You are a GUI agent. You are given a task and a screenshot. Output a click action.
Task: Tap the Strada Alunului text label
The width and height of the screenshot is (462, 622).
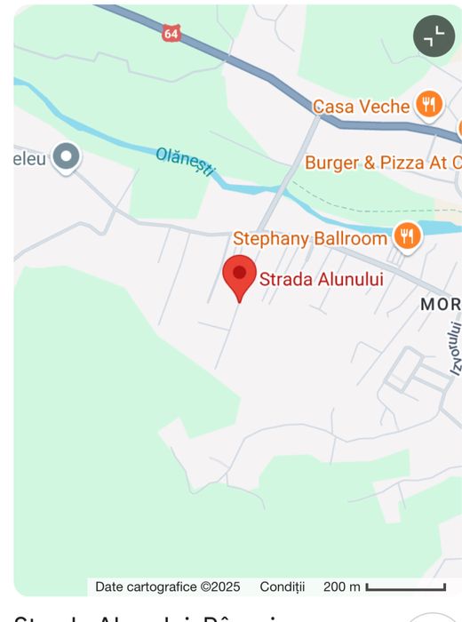point(321,279)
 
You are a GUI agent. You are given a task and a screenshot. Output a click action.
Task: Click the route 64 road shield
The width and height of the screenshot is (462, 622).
point(171,33)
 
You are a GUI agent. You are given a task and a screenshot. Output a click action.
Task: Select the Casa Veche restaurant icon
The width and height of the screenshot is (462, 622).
point(429,104)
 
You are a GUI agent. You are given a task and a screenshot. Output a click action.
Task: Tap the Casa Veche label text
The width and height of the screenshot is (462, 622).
point(361,107)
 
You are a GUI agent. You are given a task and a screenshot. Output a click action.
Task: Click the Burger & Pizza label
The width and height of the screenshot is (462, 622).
point(382,163)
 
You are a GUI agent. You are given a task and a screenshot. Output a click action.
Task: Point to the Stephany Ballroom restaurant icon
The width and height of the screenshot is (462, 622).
point(407,236)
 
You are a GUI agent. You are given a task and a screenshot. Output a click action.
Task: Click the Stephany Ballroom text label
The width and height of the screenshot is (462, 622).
point(310,238)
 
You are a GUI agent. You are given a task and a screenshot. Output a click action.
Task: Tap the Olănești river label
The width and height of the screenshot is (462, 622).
point(186,161)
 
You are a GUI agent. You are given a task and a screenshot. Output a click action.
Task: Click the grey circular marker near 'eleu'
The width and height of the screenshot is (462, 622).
point(66,157)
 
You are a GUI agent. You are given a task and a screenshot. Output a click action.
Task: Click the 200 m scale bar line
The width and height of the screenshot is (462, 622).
point(405,587)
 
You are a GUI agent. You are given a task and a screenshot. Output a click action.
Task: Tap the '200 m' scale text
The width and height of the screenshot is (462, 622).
point(342,586)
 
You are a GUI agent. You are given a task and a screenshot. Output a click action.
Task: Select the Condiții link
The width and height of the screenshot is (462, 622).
point(282,586)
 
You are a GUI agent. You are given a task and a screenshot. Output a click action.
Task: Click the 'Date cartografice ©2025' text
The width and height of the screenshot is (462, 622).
point(168,586)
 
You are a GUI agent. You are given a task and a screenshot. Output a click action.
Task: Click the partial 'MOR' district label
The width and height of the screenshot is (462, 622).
point(441,304)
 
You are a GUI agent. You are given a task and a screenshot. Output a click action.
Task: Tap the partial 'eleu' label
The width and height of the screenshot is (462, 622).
point(28,158)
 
